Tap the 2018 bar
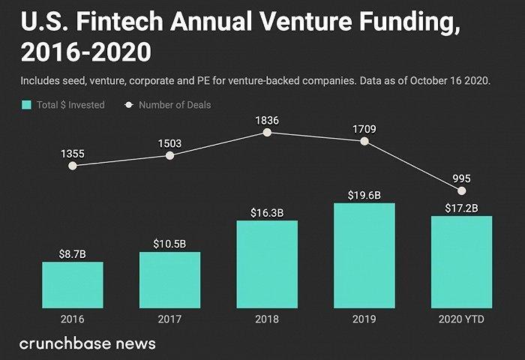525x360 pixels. point(267,263)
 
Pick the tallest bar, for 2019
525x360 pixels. point(364,255)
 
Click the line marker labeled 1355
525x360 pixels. point(72,166)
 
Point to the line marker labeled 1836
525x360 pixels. point(267,133)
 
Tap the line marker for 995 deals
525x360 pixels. point(462,191)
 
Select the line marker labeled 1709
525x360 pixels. point(364,141)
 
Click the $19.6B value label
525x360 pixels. point(364,196)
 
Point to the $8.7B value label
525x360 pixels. point(73,255)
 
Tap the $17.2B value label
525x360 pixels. point(461,208)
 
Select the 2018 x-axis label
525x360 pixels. point(267,319)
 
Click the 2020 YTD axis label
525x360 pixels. point(461,319)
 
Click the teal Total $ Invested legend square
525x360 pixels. point(28,105)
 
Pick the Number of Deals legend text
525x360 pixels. point(175,105)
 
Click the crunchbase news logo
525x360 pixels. point(88,343)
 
